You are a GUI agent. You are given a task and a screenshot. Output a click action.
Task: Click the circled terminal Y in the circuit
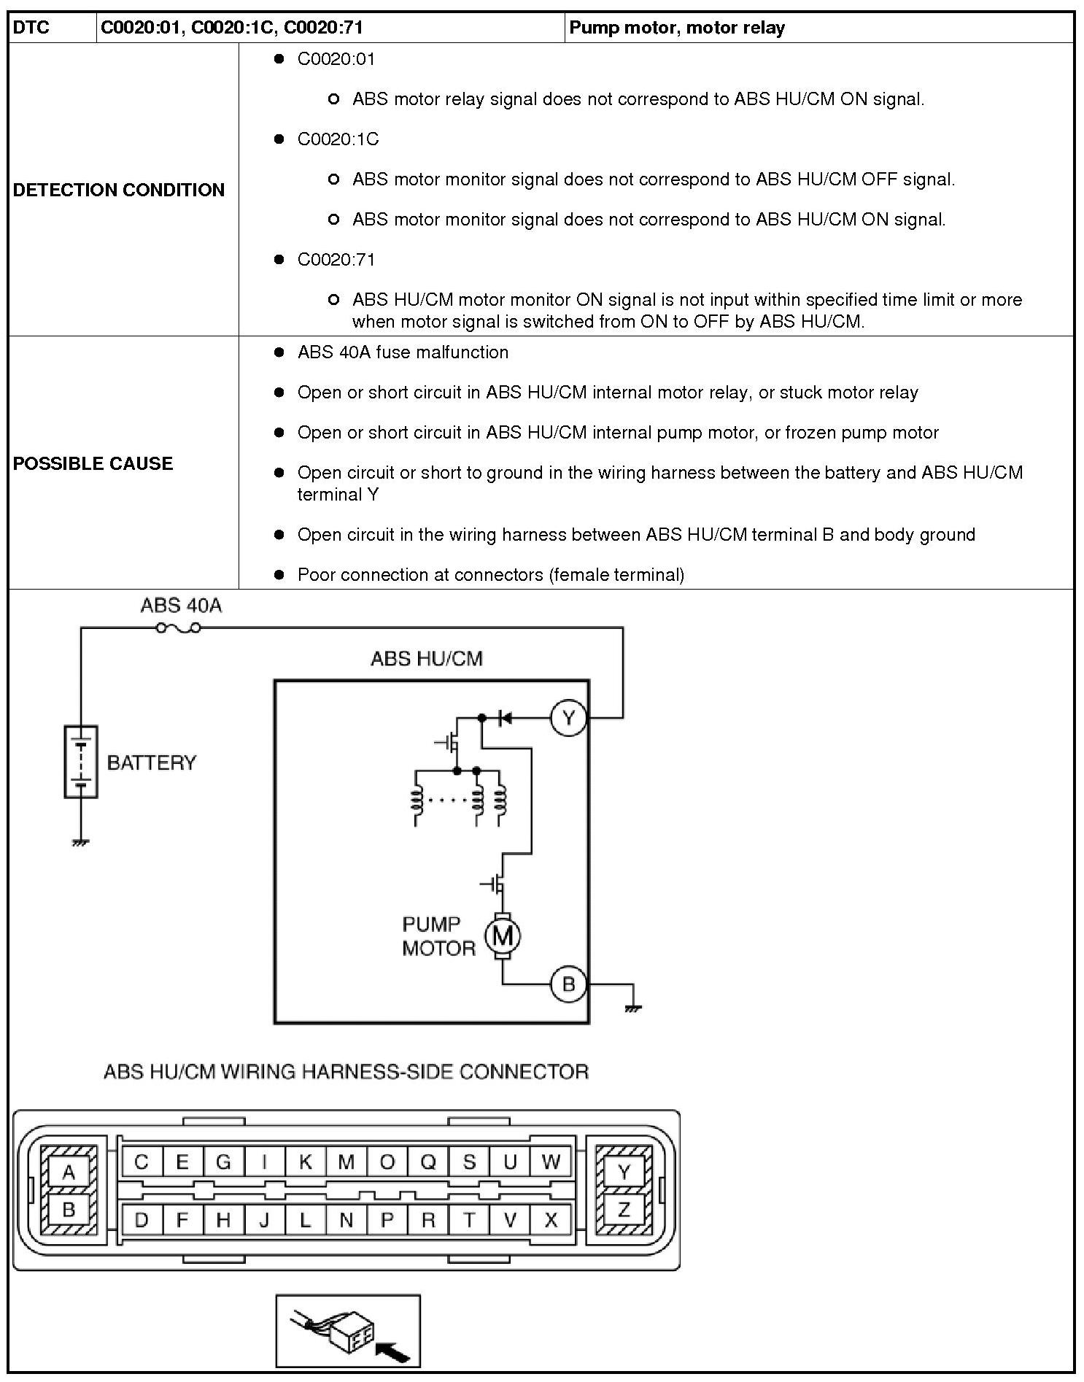[568, 718]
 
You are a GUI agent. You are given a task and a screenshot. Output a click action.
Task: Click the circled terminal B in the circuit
[568, 984]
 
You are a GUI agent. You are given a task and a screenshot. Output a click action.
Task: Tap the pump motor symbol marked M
[503, 935]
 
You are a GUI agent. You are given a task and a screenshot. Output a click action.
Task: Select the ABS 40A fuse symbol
[179, 628]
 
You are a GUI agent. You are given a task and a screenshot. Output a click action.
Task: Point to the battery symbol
[81, 762]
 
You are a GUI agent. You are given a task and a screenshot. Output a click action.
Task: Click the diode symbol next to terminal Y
[504, 719]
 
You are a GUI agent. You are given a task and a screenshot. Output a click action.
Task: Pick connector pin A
[69, 1173]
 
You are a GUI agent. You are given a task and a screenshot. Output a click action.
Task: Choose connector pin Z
[624, 1211]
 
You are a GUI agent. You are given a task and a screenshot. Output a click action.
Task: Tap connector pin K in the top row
[306, 1162]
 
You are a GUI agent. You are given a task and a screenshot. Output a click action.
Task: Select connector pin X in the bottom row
[551, 1220]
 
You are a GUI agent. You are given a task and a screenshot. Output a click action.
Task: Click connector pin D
[142, 1220]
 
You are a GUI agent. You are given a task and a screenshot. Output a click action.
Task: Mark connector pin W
[551, 1162]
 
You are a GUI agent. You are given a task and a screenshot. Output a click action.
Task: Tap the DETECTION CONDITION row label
[119, 190]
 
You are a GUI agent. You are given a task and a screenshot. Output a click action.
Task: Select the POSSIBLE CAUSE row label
[93, 463]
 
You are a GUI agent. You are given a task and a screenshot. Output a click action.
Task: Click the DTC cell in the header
[31, 28]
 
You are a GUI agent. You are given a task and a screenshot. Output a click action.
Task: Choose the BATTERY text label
[152, 763]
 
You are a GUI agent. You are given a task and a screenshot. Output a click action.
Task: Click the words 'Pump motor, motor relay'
[677, 28]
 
